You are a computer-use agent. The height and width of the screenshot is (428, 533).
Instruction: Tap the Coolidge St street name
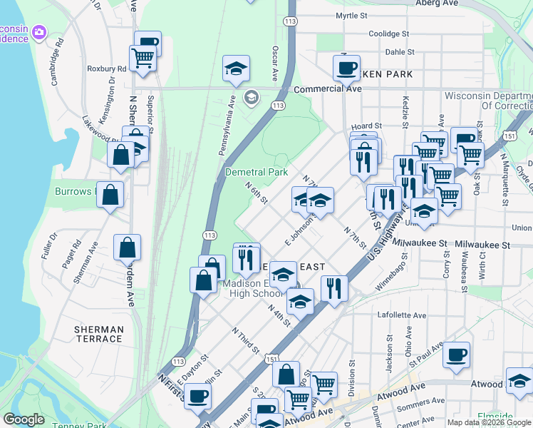click(388, 34)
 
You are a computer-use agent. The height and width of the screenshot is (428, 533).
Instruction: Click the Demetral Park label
click(256, 172)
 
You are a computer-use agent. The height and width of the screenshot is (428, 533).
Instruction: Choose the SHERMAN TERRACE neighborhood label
click(98, 334)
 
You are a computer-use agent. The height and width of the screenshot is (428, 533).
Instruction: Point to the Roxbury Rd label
click(106, 69)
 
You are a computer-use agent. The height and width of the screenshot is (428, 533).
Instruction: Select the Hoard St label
click(367, 126)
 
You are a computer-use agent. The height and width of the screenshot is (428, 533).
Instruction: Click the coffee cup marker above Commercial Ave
click(346, 68)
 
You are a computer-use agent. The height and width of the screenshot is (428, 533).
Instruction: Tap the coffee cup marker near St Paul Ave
click(456, 355)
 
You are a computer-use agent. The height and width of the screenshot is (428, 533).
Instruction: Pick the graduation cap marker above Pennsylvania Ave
click(236, 68)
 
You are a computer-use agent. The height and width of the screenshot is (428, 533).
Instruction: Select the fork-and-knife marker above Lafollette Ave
click(334, 288)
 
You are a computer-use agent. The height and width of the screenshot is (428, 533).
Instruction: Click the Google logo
click(24, 419)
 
